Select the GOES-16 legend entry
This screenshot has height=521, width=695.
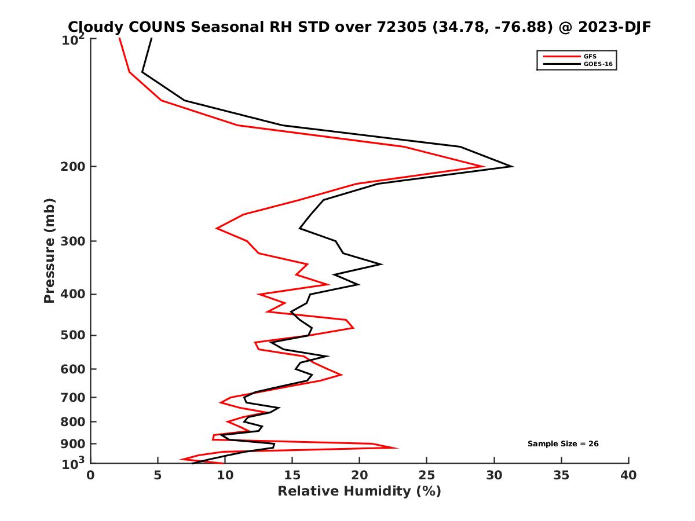click(x=597, y=64)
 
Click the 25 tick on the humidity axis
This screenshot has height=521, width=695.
click(x=427, y=475)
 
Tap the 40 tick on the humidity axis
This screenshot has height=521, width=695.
click(x=628, y=475)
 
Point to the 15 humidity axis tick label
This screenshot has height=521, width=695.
click(x=292, y=475)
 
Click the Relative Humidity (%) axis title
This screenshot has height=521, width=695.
click(x=359, y=491)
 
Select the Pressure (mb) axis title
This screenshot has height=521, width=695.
click(x=49, y=250)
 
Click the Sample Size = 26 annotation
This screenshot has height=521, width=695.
click(x=563, y=443)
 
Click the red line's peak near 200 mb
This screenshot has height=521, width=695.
click(x=484, y=167)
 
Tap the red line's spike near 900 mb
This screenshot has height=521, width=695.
click(x=397, y=447)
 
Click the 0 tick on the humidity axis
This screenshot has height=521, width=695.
click(x=91, y=475)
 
